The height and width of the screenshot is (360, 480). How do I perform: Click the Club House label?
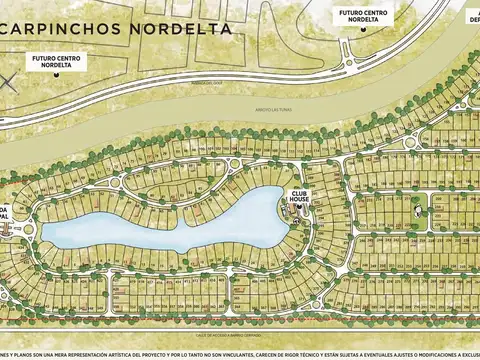[x=299, y=196]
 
